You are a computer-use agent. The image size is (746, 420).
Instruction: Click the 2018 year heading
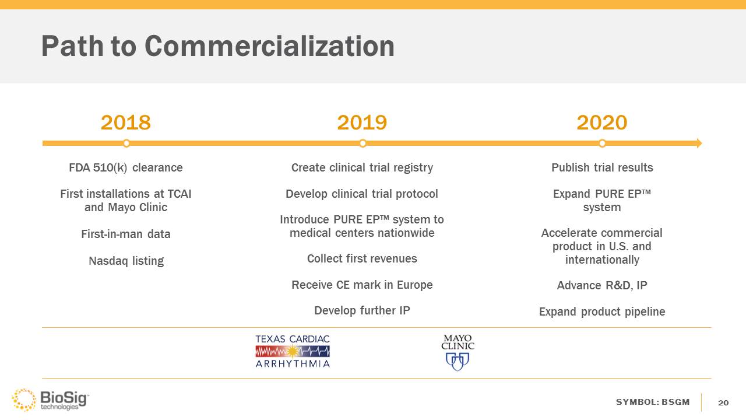coord(126,123)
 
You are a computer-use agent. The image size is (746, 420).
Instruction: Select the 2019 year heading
coord(362,123)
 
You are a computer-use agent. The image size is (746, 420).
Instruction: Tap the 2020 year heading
coord(602,123)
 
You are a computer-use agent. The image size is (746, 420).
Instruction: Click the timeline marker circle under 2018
coord(126,143)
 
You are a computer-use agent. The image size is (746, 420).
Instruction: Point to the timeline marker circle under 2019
coord(363,143)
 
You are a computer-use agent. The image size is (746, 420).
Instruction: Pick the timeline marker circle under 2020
coord(602,143)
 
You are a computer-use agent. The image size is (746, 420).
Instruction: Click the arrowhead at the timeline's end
coord(699,143)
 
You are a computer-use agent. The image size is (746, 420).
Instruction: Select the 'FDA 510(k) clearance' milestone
coord(126,167)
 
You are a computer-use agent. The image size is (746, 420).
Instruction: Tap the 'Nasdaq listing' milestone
coord(126,261)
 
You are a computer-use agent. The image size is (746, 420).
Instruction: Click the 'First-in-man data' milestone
coord(126,234)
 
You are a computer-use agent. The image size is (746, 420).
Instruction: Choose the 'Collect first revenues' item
coord(362,258)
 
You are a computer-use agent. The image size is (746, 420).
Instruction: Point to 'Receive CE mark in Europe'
coord(362,285)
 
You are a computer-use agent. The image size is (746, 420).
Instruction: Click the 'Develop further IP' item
coord(362,310)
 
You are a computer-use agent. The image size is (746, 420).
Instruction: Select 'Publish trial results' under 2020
coord(602,167)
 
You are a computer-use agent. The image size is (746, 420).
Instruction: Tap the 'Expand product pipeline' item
coord(602,311)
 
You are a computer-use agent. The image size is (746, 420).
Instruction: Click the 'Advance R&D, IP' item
coord(602,285)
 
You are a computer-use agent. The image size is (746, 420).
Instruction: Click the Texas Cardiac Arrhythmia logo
coord(293,351)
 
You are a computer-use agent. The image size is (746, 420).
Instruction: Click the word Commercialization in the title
coord(269,46)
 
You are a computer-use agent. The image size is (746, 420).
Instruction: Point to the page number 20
coord(723,402)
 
